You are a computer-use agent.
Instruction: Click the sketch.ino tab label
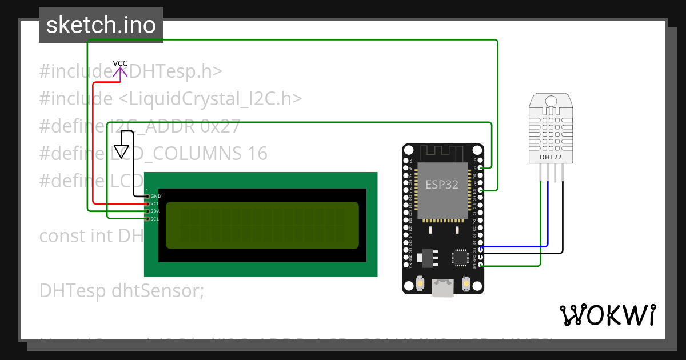tap(101, 25)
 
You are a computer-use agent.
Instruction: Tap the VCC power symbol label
tap(120, 63)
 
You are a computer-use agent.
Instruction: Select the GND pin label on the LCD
tap(155, 196)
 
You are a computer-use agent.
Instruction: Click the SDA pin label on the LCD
tap(155, 211)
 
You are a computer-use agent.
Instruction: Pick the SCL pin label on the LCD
tap(155, 219)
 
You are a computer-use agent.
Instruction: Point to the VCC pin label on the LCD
tap(155, 204)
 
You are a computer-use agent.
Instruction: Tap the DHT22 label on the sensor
tap(550, 156)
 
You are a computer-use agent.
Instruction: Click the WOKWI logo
tap(607, 315)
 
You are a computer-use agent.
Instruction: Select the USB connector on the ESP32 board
tap(443, 289)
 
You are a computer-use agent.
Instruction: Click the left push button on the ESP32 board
tap(420, 283)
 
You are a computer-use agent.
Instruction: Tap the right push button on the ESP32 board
tap(466, 283)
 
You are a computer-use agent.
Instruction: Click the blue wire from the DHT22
tap(548, 217)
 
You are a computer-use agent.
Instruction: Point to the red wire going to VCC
tap(93, 143)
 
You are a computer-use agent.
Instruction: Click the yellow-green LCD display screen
tap(262, 225)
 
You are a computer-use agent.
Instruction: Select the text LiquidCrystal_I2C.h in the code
tap(210, 99)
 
